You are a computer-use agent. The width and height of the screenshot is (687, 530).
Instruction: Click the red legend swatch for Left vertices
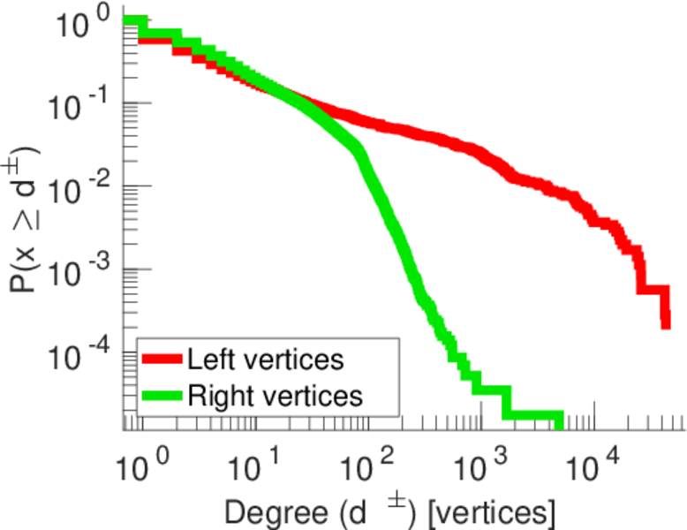coord(162,360)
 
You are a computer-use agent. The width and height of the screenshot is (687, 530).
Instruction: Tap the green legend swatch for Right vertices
coord(162,396)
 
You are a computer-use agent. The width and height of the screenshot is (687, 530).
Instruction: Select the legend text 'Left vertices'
coord(265,360)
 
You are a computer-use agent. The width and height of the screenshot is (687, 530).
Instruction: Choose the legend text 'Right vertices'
coord(275,396)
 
